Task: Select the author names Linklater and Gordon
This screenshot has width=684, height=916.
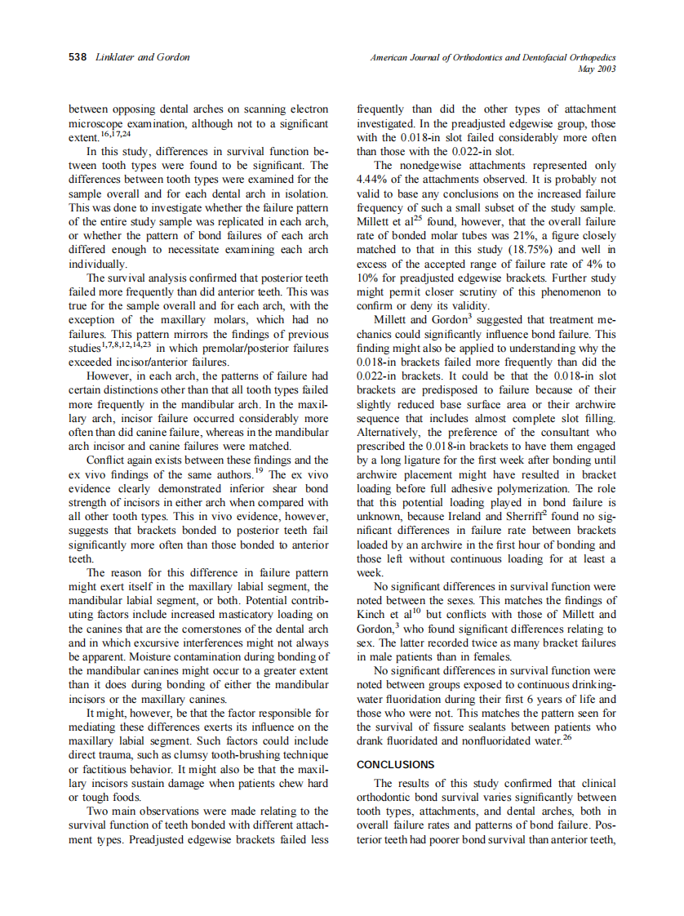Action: (142, 57)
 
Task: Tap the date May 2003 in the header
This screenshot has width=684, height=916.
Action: (596, 69)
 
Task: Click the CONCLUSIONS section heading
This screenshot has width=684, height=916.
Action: (396, 765)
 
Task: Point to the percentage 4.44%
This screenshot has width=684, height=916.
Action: (376, 179)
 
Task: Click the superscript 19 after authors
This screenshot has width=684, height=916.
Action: (260, 471)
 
